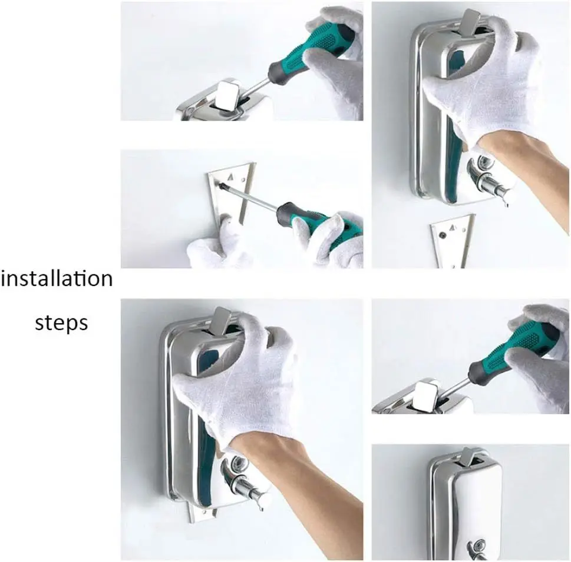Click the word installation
pos(57,279)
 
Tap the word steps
pos(61,322)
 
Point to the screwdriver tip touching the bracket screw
pos(220,186)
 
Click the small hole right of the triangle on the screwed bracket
pos(243,179)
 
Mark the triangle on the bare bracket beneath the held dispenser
pos(453,228)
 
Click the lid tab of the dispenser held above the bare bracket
pos(471,22)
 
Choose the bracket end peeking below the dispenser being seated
pos(203,513)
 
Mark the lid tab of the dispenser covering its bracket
pos(223,320)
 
